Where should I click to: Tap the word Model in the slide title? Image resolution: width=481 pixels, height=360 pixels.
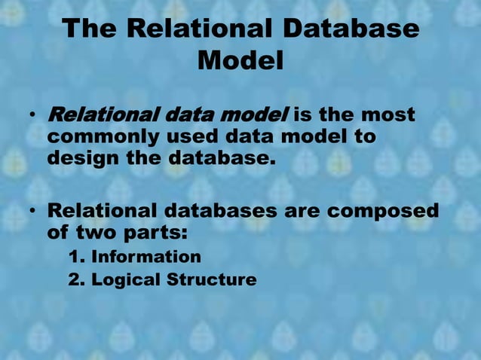point(240,61)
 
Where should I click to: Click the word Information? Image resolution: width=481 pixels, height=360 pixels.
point(146,257)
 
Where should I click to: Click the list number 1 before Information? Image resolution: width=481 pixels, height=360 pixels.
point(75,257)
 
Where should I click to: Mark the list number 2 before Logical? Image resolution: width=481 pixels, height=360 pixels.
point(75,279)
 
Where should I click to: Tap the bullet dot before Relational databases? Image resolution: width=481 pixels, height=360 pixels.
point(34,211)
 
